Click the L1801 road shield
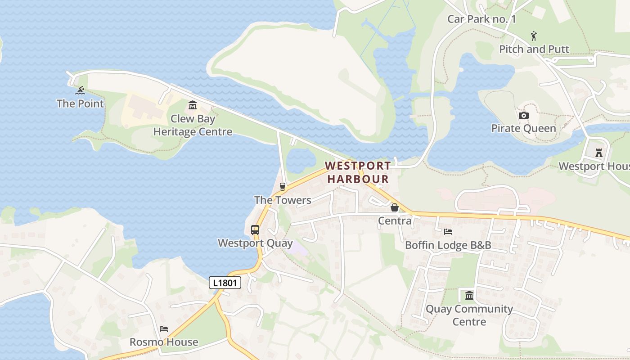(225, 283)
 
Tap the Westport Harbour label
(358, 172)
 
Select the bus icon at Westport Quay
(255, 229)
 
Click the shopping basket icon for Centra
(395, 207)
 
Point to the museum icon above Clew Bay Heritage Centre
(193, 105)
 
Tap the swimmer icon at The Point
(80, 90)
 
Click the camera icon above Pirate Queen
(523, 116)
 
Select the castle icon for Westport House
(598, 153)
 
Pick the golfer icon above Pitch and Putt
(534, 36)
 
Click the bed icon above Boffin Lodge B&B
(448, 232)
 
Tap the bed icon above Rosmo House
(164, 329)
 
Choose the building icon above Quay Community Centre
(469, 296)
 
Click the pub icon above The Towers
(283, 186)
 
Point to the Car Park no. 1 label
(481, 19)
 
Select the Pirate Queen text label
(523, 129)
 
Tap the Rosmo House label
(164, 342)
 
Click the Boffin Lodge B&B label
(448, 245)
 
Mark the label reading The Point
(80, 103)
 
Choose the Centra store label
(395, 221)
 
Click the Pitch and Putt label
(534, 49)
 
